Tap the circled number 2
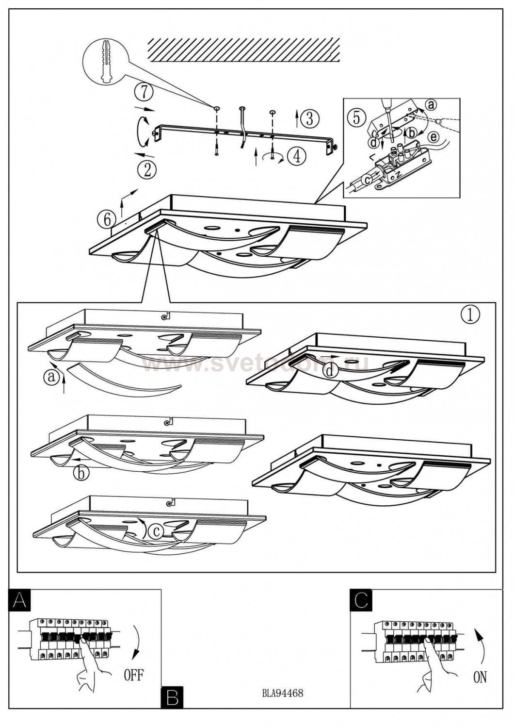pyautogui.click(x=147, y=169)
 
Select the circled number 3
pyautogui.click(x=309, y=118)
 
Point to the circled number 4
pyautogui.click(x=296, y=156)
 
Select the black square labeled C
pyautogui.click(x=361, y=600)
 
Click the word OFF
pyautogui.click(x=134, y=675)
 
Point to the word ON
pyautogui.click(x=480, y=677)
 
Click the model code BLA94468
pyautogui.click(x=282, y=693)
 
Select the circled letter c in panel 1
pyautogui.click(x=156, y=532)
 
